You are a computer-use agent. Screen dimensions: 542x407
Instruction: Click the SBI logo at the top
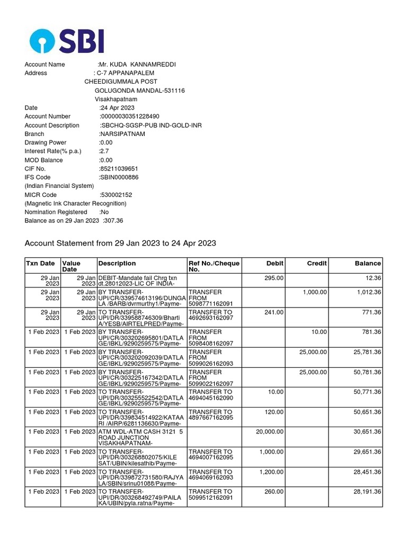pos(67,40)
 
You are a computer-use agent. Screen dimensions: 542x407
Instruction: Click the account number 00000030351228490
pos(130,116)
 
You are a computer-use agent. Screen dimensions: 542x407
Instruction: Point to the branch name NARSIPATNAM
pos(122,134)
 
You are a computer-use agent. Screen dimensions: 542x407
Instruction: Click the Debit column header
pos(275,263)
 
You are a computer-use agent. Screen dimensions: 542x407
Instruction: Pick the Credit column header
pos(316,263)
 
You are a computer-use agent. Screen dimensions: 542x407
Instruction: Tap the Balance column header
pos(367,263)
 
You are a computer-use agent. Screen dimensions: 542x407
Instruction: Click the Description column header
pos(117,263)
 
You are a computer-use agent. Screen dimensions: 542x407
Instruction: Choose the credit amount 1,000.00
pos(315,292)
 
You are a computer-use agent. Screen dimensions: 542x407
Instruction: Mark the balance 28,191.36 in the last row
pos(366,492)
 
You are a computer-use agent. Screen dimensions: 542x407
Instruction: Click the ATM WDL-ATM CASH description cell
pos(141,438)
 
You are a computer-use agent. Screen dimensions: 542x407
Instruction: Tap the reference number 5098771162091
pos(211,304)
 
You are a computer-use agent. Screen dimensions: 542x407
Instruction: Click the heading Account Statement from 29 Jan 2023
pos(120,243)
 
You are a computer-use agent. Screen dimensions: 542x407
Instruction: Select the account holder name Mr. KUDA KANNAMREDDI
pos(137,65)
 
